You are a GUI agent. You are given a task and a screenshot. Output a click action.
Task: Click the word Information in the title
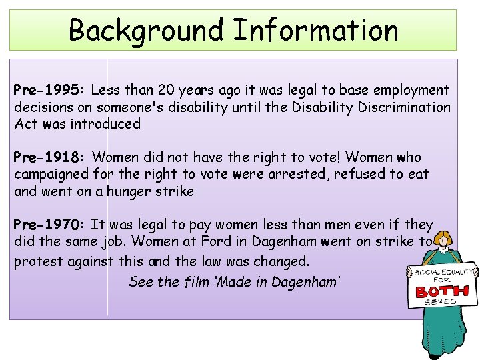click(316, 30)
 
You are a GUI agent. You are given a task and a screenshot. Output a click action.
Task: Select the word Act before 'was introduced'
click(26, 123)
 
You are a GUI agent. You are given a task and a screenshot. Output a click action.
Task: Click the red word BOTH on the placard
click(441, 291)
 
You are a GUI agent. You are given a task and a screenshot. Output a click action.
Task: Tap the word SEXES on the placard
click(441, 303)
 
